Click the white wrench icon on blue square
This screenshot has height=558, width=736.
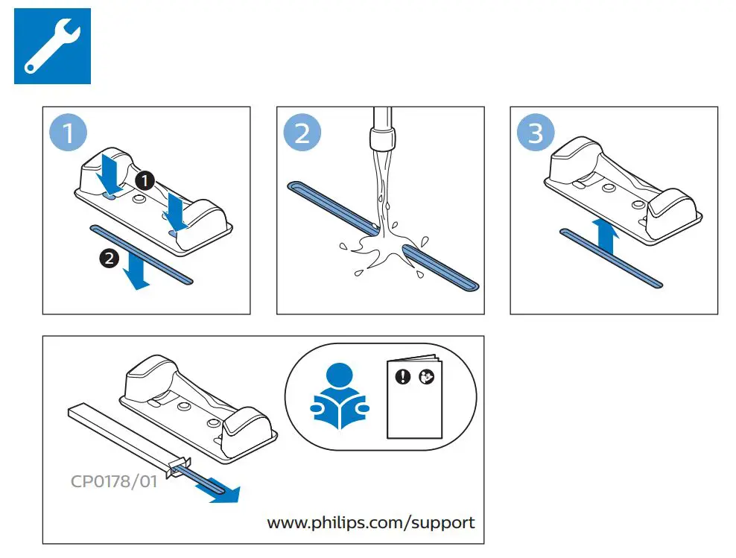[x=52, y=45]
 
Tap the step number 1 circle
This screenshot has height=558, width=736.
[x=68, y=135]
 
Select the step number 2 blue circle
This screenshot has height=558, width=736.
[x=302, y=135]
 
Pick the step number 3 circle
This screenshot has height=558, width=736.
[x=535, y=135]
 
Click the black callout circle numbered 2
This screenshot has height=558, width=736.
[x=108, y=259]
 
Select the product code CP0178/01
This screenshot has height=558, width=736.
[x=114, y=481]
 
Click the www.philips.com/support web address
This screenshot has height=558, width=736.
[x=370, y=522]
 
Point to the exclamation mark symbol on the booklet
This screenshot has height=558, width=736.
[x=403, y=377]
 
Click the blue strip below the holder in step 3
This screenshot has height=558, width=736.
[x=611, y=257]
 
